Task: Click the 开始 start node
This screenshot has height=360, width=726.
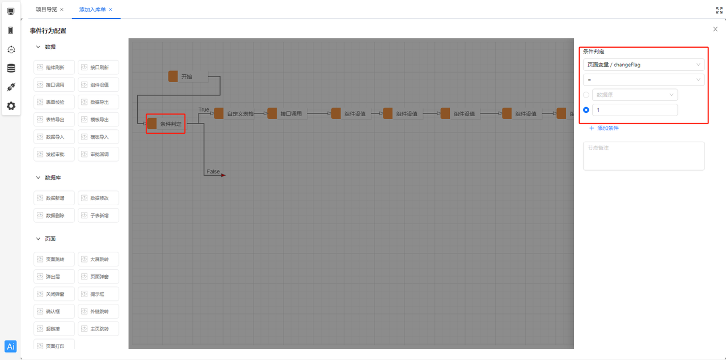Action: [187, 77]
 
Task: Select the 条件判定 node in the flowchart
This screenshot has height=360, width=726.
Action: [166, 124]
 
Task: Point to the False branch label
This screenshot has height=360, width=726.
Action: [213, 171]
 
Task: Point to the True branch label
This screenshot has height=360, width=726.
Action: [204, 109]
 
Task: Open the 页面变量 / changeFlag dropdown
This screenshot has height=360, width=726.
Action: [644, 65]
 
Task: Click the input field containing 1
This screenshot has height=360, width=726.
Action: [634, 110]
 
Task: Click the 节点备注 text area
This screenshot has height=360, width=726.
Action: [644, 156]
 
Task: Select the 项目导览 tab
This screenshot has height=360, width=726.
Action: [47, 10]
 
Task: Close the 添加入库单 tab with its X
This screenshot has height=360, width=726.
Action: [111, 10]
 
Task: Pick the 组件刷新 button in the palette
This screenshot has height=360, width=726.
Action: [55, 67]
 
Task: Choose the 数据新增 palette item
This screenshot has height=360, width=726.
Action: [55, 198]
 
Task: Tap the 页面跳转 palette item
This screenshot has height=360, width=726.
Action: [55, 260]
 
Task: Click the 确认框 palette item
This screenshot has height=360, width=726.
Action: [55, 311]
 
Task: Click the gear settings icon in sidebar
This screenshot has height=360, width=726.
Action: [11, 106]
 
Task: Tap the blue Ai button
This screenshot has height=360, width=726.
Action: [11, 346]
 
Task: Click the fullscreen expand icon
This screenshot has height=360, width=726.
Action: [719, 10]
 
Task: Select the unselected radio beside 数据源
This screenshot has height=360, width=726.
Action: [586, 95]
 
